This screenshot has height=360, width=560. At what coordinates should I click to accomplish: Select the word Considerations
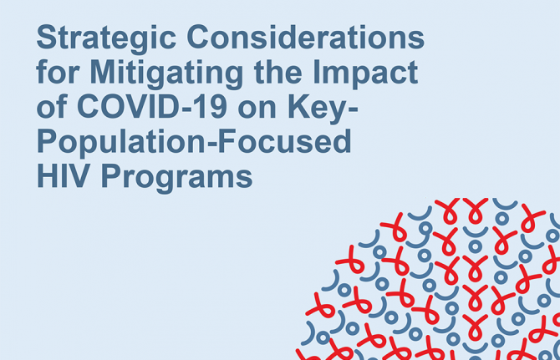coord(306,37)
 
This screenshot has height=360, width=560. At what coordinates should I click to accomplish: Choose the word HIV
coord(63,175)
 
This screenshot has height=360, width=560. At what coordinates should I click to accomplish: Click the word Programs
coord(177,179)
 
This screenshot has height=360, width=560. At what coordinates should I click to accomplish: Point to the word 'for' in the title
coord(58,72)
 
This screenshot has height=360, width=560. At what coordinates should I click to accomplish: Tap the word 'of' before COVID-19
coord(52,106)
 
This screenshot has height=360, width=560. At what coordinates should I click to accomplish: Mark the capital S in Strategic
coord(48,37)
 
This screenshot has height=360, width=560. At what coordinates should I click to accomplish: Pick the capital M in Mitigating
coord(103,72)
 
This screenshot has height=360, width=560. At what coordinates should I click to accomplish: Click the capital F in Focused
coord(227,141)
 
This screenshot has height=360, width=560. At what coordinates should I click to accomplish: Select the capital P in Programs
coord(112,175)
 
